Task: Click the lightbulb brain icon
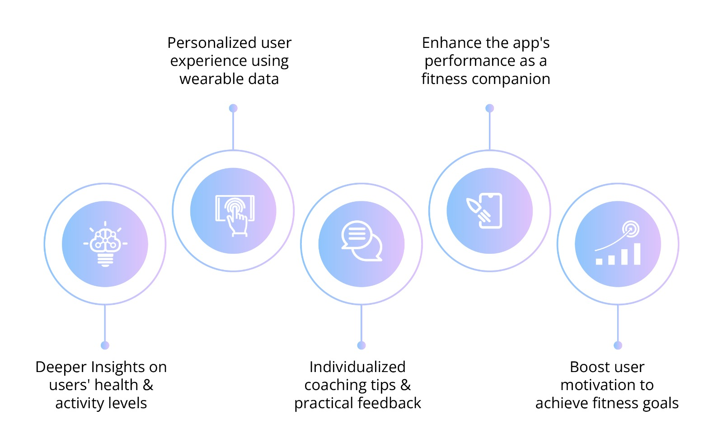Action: click(x=105, y=244)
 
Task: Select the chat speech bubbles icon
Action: click(x=362, y=241)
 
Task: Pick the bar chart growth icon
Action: click(x=618, y=242)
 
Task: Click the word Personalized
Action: click(x=212, y=43)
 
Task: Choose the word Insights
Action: click(x=118, y=368)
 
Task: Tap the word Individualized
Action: click(x=357, y=367)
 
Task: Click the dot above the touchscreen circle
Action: click(x=233, y=108)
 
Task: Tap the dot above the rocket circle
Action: click(x=490, y=108)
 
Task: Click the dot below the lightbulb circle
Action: click(x=105, y=345)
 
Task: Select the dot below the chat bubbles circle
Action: click(x=361, y=345)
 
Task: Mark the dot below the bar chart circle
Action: click(x=618, y=345)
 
